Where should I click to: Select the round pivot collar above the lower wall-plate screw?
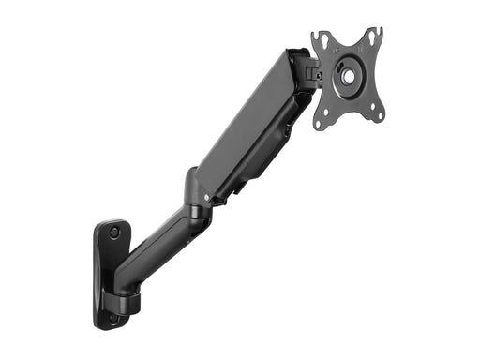pos(127,301)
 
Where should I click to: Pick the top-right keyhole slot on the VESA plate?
pos(372,37)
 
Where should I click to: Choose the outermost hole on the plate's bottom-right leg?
pos(381,115)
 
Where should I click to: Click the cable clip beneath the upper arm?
pos(232,187)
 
